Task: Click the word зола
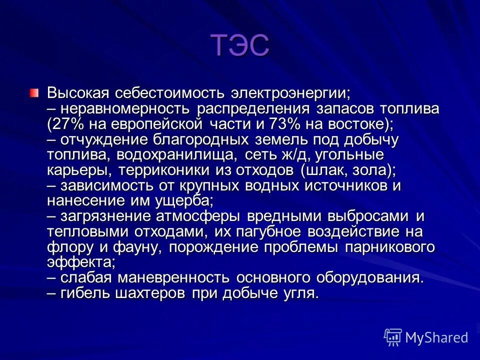tap(371, 170)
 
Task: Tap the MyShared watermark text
tap(436, 337)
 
